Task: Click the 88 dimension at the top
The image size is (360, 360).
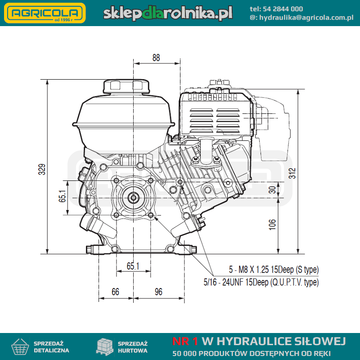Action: click(156, 58)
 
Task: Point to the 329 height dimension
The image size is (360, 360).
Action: click(42, 170)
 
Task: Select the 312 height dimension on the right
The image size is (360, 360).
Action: click(292, 173)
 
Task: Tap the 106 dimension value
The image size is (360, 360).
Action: click(272, 224)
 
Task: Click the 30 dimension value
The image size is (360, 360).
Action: click(272, 189)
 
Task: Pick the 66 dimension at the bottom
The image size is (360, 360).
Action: click(115, 292)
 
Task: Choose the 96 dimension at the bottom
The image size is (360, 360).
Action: click(158, 292)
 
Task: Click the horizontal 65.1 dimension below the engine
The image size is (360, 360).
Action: click(133, 266)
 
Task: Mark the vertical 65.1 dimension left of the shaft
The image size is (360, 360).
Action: click(62, 196)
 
